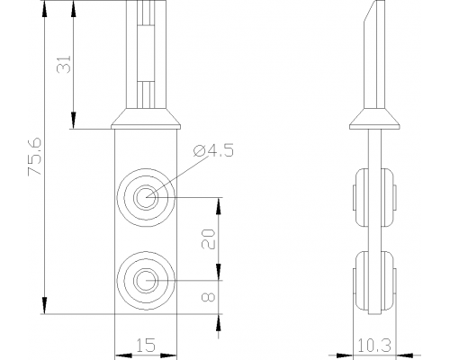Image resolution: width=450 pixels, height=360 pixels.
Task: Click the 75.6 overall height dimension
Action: (35, 157)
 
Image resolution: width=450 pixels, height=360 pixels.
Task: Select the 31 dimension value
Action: (64, 64)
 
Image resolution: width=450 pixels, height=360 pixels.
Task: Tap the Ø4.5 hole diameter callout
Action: (213, 151)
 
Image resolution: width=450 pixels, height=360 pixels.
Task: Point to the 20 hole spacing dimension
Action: (208, 239)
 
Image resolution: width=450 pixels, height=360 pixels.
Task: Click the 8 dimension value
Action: (208, 297)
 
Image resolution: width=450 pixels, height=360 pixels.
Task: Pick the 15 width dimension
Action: (146, 346)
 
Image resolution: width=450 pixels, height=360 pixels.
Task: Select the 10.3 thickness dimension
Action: (374, 346)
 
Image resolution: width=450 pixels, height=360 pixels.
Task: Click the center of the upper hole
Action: (146, 197)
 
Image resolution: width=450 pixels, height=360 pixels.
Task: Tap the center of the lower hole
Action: (146, 281)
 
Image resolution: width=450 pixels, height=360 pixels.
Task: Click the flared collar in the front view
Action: (146, 119)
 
